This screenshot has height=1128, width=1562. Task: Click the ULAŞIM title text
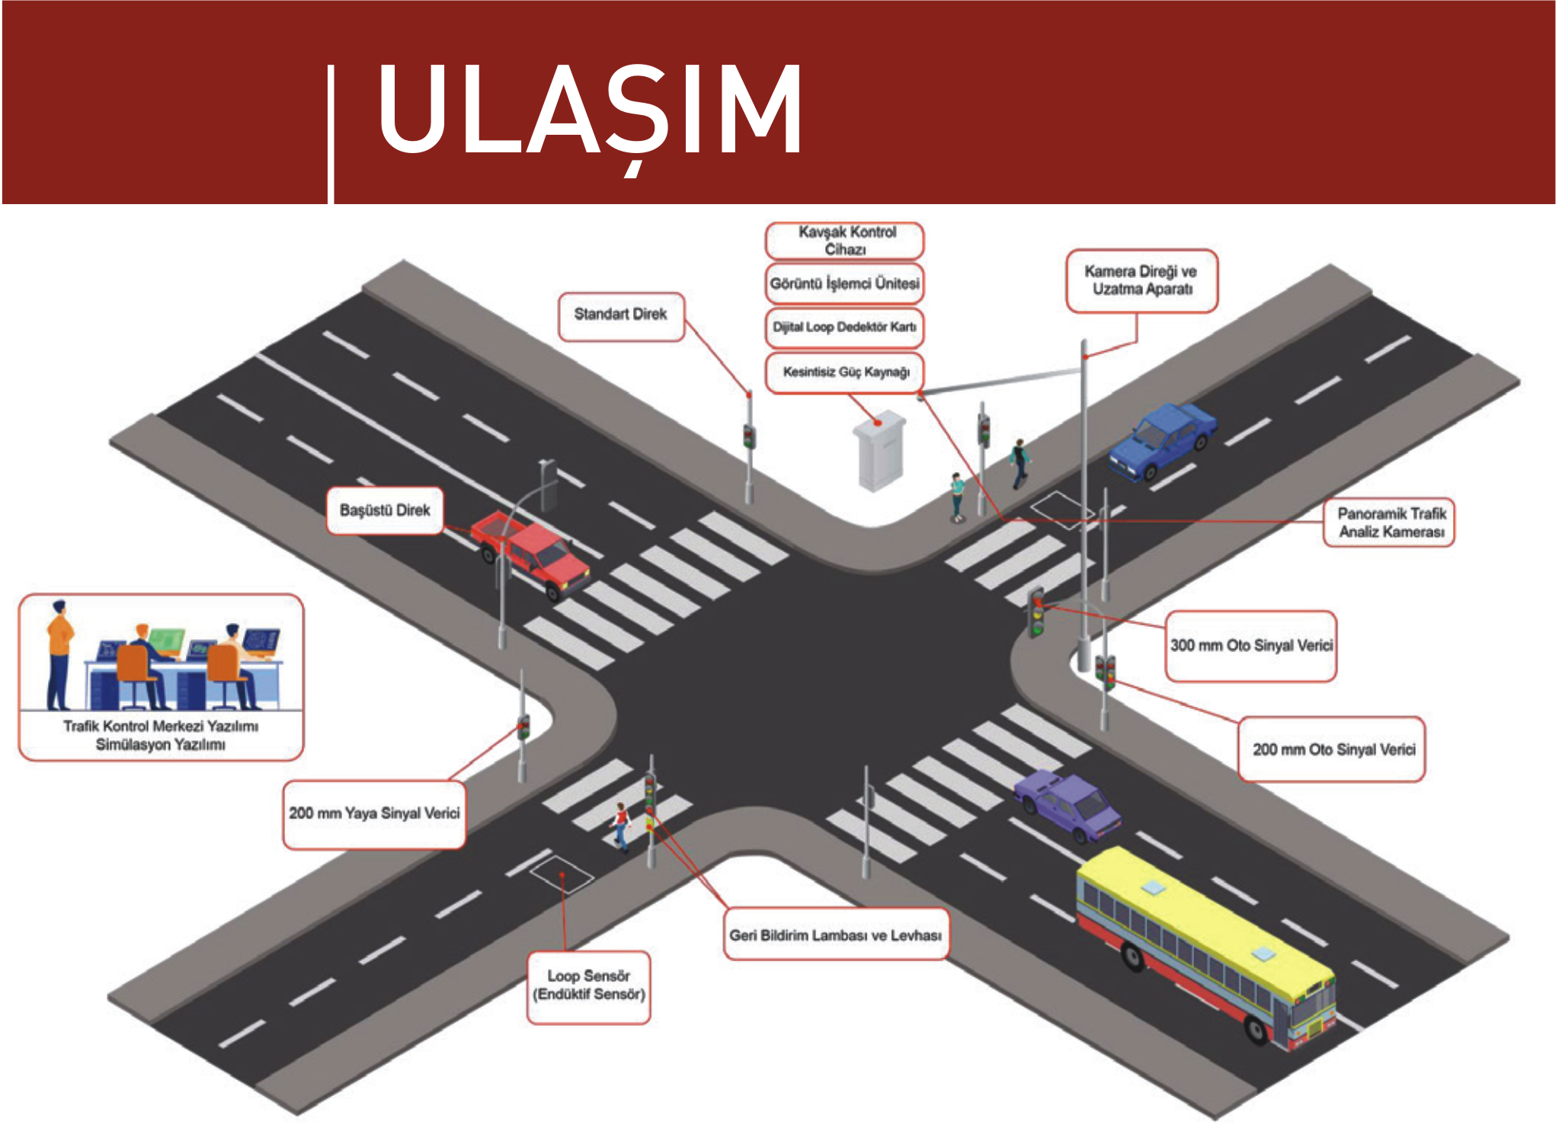[x=589, y=112]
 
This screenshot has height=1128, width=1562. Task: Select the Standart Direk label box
[x=621, y=316]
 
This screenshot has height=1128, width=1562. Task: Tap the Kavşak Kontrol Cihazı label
[x=844, y=241]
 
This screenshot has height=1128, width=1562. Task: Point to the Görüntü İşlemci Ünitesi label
[x=844, y=283]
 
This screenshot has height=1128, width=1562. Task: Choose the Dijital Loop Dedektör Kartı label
[x=844, y=328]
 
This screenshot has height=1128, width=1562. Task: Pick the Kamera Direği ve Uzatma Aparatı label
[x=1141, y=280]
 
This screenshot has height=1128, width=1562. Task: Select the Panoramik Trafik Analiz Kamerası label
[x=1388, y=522]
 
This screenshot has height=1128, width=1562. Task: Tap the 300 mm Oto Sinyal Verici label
[x=1250, y=646]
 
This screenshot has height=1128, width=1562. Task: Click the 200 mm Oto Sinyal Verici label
[x=1332, y=749]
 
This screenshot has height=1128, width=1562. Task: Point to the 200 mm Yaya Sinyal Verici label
[x=374, y=814]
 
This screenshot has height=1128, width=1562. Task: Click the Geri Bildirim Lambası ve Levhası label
[x=836, y=935]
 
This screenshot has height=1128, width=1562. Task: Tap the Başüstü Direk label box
[x=385, y=510]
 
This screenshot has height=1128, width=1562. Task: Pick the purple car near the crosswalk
[x=1067, y=804]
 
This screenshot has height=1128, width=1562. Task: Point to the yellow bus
[x=1205, y=949]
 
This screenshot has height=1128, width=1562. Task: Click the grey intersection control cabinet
[x=879, y=450]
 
